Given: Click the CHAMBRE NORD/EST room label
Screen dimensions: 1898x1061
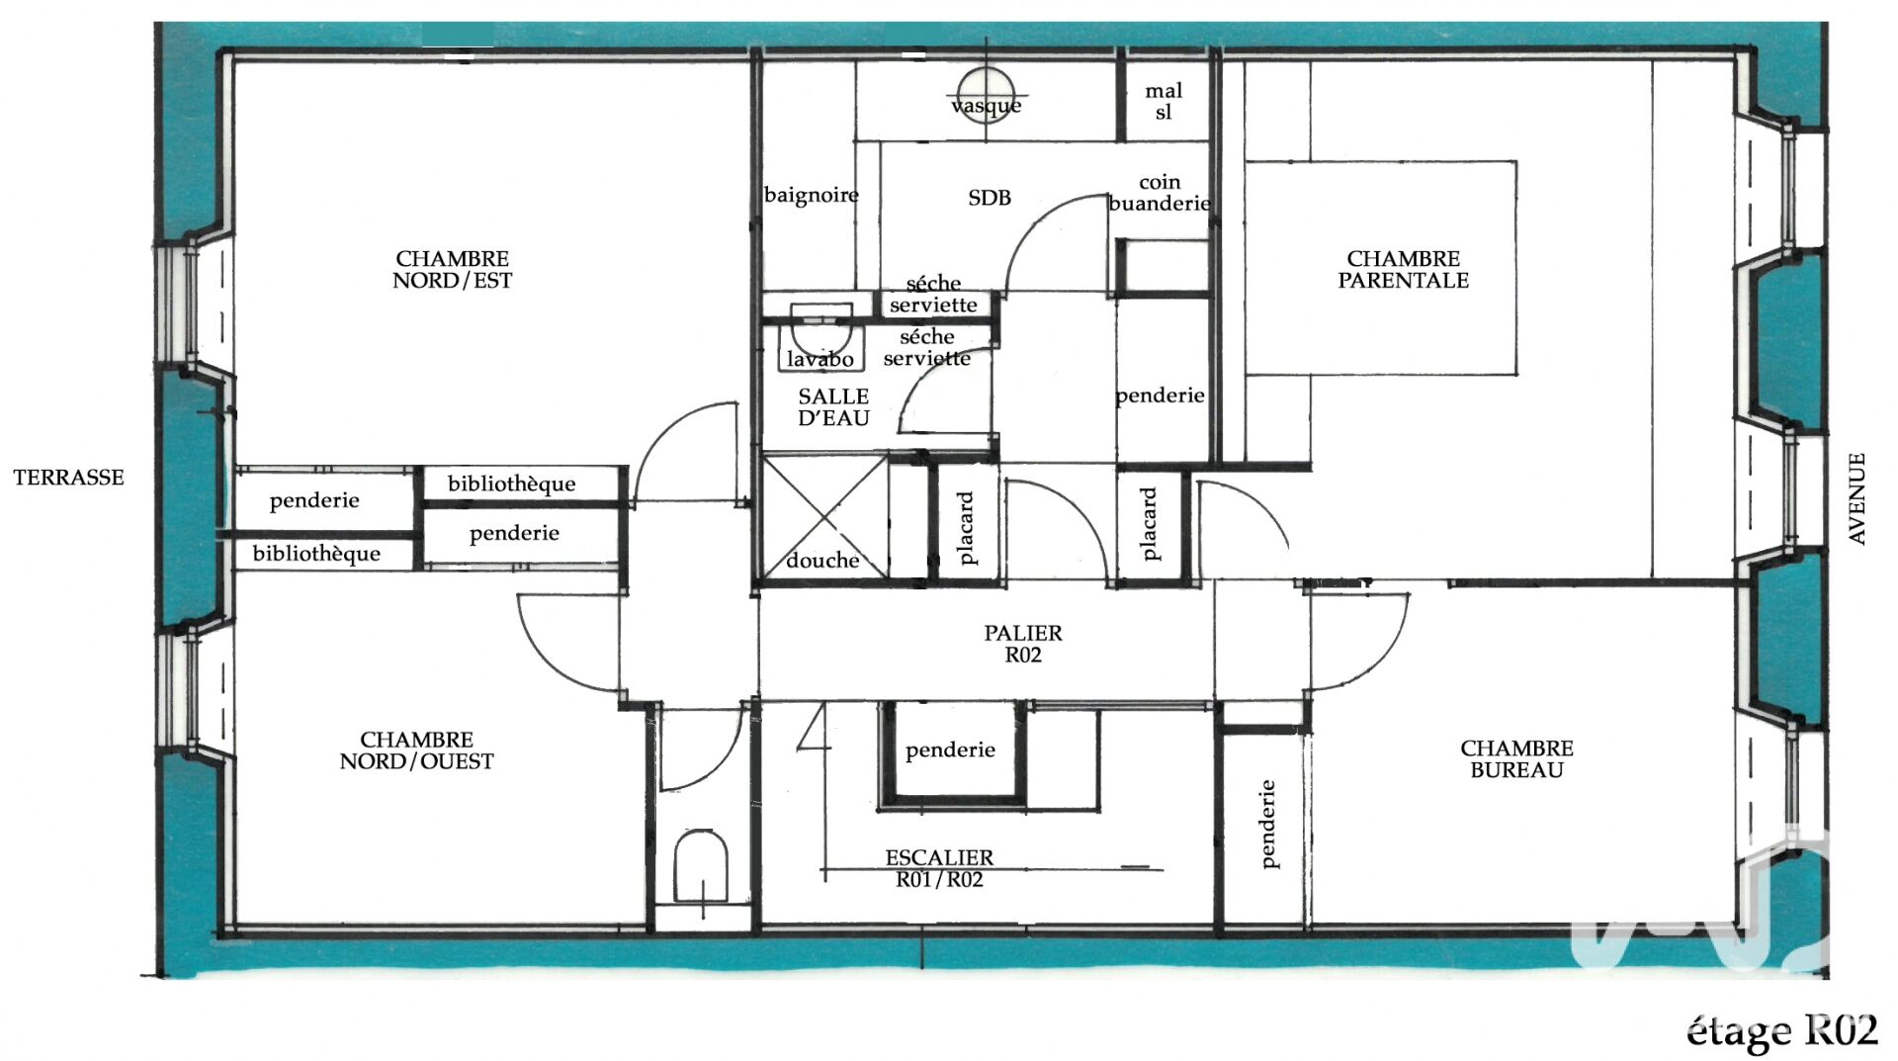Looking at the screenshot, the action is point(453,269).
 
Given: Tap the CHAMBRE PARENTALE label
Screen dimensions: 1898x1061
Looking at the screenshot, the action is point(1403,269).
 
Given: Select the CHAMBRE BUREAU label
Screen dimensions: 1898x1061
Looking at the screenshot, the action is point(1516,759).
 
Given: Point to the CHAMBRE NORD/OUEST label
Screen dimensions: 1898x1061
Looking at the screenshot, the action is point(416,751).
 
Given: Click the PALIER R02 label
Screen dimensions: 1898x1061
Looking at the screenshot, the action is point(1023,644).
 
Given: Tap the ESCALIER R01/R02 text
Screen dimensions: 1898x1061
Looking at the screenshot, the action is point(939,868).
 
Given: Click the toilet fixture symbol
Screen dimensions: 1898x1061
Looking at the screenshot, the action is point(701,866).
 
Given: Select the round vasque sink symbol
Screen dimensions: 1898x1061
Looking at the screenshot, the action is point(986,93).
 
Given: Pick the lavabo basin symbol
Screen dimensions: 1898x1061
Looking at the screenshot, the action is point(820,336).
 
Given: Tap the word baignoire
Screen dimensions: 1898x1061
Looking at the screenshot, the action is point(812,195).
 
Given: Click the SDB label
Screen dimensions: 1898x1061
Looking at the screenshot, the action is point(990,198).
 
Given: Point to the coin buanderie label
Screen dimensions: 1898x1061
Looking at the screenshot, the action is point(1160,193).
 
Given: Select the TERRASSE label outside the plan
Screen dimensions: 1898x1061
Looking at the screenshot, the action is point(68,478).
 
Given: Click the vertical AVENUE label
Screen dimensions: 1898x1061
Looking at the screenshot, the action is point(1857,498).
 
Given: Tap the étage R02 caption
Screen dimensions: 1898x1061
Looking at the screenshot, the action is point(1781,1031).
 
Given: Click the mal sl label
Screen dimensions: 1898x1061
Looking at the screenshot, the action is point(1164,102).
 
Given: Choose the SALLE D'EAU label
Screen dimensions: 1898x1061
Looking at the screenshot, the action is point(833,407).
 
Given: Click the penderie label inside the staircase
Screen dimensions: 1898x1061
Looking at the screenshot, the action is point(950,751).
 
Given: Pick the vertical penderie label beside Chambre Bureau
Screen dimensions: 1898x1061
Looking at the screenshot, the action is point(1268,825).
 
